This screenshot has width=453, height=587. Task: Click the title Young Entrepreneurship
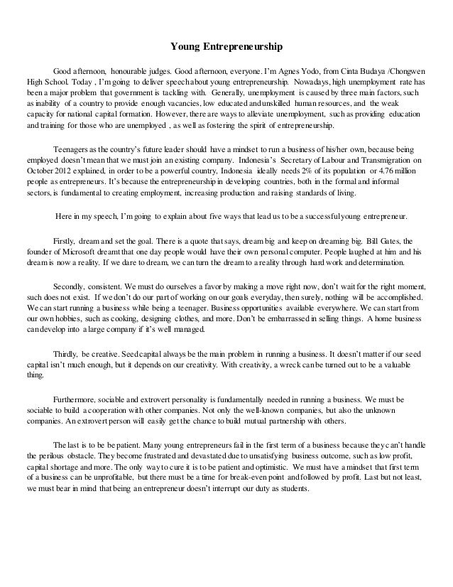coord(226,48)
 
